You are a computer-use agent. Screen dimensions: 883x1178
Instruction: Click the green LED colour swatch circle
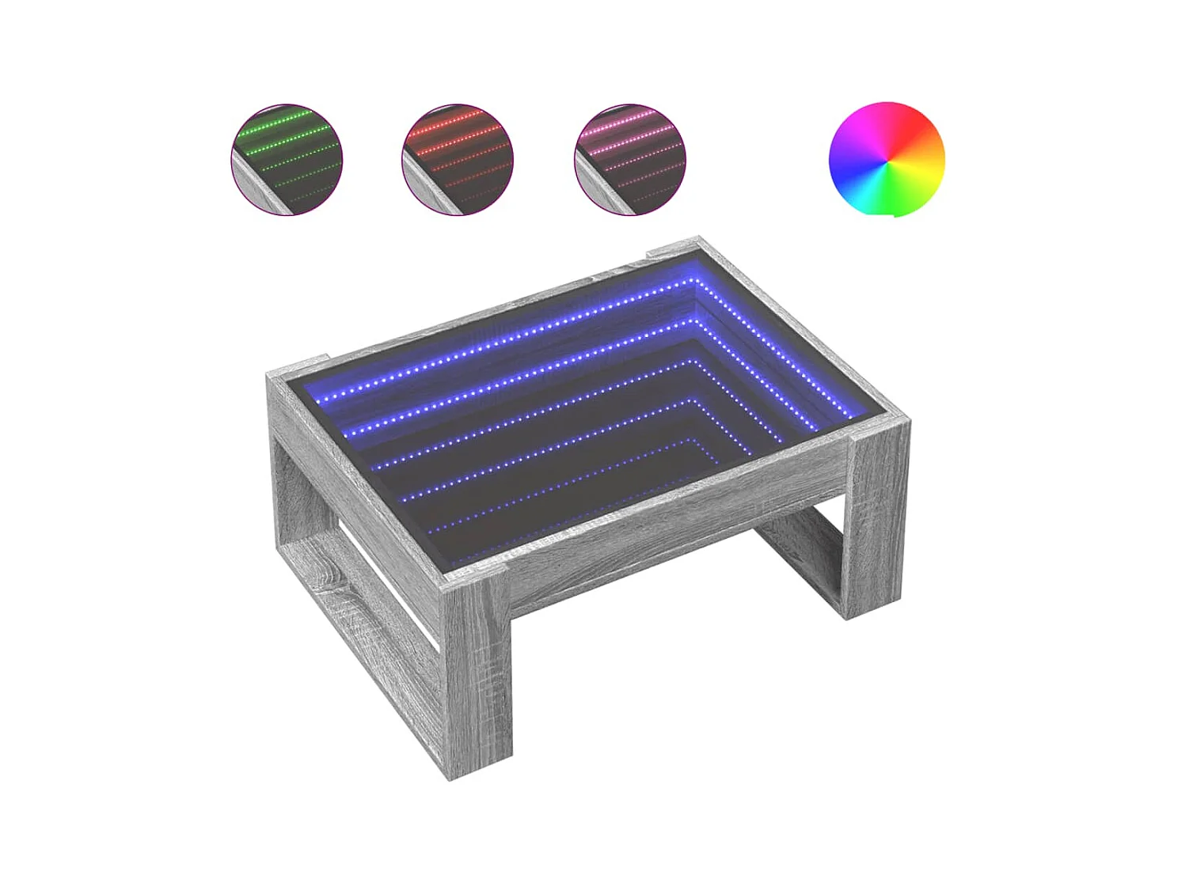287,159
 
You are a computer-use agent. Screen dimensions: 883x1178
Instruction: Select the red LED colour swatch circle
458,159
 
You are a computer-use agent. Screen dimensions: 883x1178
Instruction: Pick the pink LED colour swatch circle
630,159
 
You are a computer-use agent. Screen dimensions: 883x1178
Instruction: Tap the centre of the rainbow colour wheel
887,159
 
